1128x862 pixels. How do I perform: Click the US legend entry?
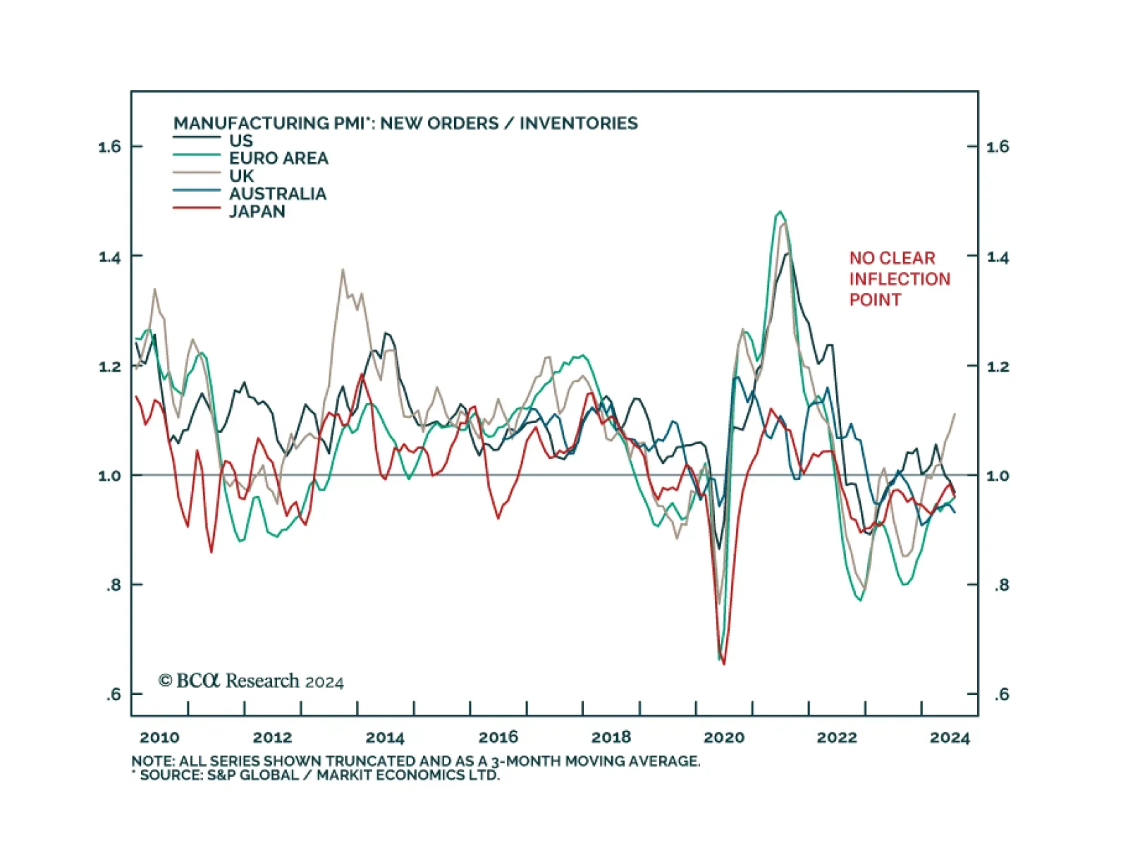[240, 140]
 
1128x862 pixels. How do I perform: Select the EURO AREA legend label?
[278, 158]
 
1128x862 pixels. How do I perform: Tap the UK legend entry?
[241, 176]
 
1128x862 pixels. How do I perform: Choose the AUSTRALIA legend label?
[277, 194]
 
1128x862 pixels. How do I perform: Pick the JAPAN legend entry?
[257, 211]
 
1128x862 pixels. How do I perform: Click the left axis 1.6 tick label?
[109, 147]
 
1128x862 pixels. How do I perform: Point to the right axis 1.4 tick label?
[998, 257]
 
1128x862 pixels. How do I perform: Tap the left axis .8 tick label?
[114, 585]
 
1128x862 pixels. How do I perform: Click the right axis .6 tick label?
[1002, 695]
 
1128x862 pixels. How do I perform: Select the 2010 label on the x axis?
[159, 737]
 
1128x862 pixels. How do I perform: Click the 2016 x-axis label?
[498, 737]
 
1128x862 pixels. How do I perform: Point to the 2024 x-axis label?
[950, 737]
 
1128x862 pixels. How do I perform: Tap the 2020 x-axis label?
[724, 737]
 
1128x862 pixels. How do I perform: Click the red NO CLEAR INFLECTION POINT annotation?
[899, 279]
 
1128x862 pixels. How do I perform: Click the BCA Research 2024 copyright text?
[251, 681]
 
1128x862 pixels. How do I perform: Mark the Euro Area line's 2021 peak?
[779, 211]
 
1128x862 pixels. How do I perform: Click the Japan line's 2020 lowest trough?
[724, 663]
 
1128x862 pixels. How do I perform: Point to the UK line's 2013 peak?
[343, 269]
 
